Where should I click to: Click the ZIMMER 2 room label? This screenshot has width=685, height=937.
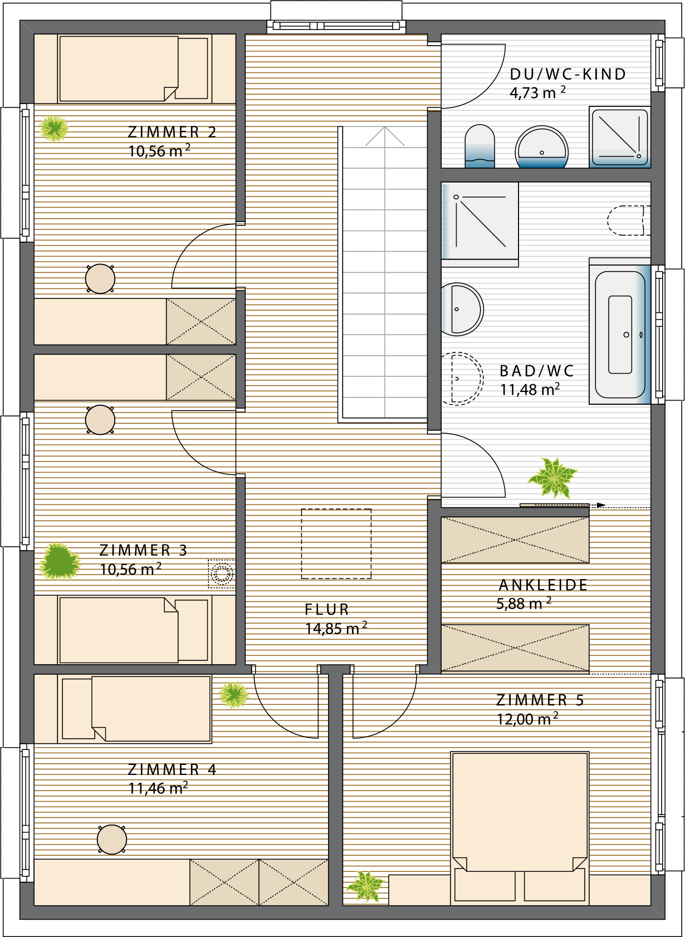[x=172, y=132]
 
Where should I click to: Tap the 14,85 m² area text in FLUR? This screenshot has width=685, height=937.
[x=336, y=628]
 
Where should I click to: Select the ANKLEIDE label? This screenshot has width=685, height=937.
[x=543, y=585]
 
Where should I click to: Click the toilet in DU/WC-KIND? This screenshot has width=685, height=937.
[x=479, y=146]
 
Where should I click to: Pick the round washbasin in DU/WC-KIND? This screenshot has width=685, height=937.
[x=541, y=147]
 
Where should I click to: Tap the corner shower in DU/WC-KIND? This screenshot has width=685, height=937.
[x=620, y=137]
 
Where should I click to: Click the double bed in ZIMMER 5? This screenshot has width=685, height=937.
[x=520, y=826]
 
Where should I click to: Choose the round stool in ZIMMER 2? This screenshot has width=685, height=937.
[x=100, y=278]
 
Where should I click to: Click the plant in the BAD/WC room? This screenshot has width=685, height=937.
[x=553, y=478]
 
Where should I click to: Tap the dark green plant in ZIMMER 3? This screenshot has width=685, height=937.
[x=60, y=561]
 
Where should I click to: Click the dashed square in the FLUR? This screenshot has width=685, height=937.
[x=336, y=544]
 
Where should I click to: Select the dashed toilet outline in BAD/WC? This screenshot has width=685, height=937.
[x=629, y=220]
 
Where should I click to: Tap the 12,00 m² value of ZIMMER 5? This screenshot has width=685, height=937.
[x=527, y=719]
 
